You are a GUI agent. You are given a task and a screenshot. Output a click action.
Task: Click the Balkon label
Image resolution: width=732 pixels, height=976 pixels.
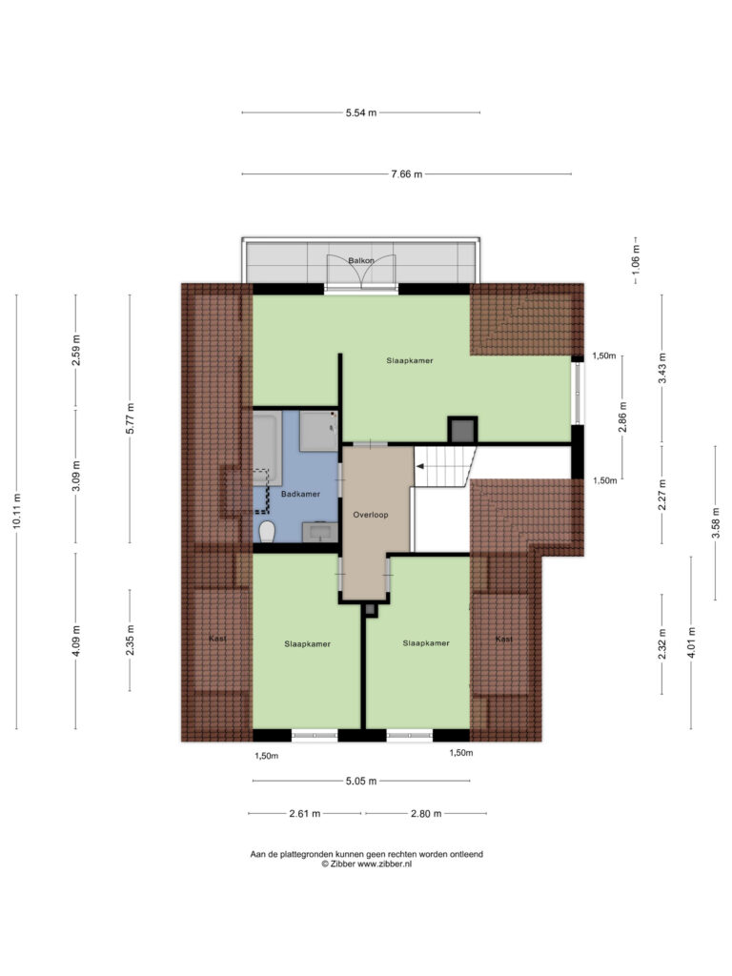(x=361, y=261)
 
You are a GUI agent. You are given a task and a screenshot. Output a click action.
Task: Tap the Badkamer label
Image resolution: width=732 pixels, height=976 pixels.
(x=300, y=495)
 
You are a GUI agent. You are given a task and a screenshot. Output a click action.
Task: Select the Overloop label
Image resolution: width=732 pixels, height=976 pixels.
(x=371, y=515)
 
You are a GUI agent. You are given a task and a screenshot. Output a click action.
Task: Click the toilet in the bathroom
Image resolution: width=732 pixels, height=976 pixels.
(x=267, y=532)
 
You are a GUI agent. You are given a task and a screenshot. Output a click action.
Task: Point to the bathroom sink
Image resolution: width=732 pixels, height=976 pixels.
(x=320, y=532)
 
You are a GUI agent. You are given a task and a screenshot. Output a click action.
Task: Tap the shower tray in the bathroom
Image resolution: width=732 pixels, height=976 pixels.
(x=318, y=431)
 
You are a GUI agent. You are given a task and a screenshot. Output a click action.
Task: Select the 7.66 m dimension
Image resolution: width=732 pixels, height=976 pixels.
(x=406, y=174)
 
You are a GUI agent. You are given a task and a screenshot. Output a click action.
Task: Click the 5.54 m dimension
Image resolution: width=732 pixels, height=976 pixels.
(x=361, y=113)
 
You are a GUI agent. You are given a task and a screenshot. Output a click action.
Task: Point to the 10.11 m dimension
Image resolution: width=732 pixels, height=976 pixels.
(x=17, y=512)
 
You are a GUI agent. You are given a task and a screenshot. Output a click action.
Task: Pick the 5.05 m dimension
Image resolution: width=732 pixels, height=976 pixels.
(x=361, y=782)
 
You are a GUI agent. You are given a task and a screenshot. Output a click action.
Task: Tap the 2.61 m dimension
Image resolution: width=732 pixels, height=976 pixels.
(x=305, y=814)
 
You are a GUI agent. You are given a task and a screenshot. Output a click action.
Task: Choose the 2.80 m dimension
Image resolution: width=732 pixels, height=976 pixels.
(x=426, y=814)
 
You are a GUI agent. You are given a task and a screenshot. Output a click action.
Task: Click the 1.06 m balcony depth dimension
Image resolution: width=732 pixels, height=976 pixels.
(x=636, y=260)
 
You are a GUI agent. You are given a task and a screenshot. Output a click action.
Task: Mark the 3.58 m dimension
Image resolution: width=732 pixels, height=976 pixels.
(x=715, y=522)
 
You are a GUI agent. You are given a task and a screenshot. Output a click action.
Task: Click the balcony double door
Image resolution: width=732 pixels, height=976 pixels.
(x=361, y=273)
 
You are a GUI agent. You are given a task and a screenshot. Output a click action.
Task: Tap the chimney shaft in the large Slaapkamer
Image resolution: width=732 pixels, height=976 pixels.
(x=462, y=430)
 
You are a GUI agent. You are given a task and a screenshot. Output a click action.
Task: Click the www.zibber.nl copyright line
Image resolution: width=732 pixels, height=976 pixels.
(x=366, y=864)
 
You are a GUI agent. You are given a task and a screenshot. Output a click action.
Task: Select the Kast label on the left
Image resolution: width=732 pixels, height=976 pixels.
(x=217, y=639)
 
